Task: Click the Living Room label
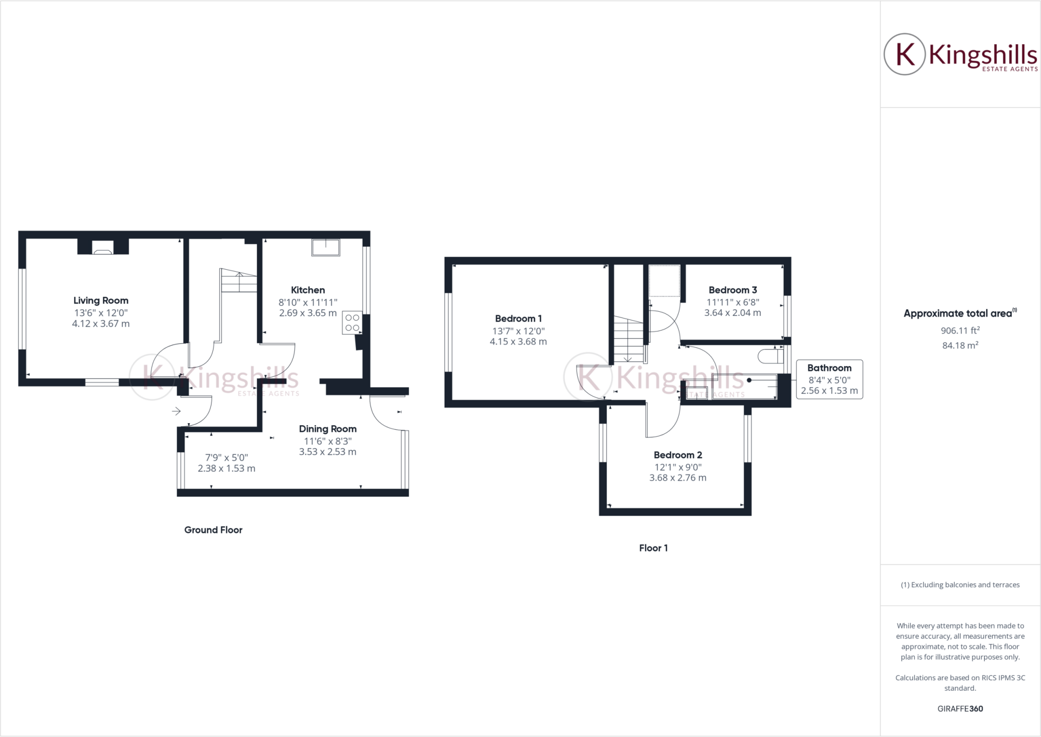click(x=101, y=301)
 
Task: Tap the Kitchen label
click(x=308, y=290)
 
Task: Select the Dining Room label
click(x=327, y=429)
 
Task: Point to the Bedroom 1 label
click(x=518, y=318)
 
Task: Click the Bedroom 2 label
click(x=678, y=455)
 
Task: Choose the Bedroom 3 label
click(x=732, y=290)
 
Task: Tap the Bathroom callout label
click(x=829, y=368)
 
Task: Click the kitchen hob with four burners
click(x=352, y=322)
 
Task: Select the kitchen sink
click(x=325, y=247)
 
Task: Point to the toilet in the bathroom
click(x=769, y=356)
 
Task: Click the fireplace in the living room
click(x=103, y=248)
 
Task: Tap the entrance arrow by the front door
click(x=176, y=411)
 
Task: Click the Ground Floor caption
click(x=213, y=530)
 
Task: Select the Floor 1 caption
click(x=653, y=548)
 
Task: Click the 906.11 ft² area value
click(x=960, y=331)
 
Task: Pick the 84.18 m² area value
click(x=960, y=346)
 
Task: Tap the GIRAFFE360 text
click(x=960, y=709)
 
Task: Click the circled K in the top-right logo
click(x=905, y=54)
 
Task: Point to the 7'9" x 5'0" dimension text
click(x=226, y=457)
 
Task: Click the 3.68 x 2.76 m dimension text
click(x=678, y=478)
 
